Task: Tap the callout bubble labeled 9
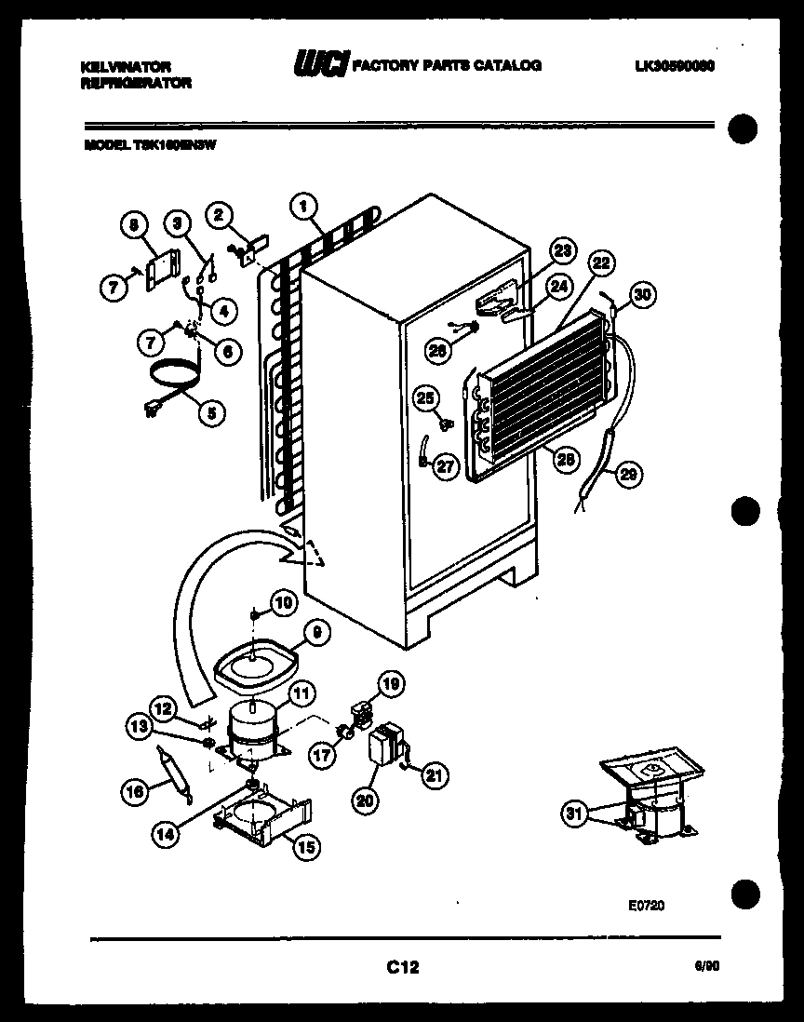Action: (316, 633)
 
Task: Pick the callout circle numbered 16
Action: (135, 792)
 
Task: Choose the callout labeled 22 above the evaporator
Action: (600, 263)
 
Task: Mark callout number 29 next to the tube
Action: (630, 476)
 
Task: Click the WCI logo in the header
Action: (321, 64)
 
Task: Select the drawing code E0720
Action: (646, 904)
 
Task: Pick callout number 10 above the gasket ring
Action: (283, 603)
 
